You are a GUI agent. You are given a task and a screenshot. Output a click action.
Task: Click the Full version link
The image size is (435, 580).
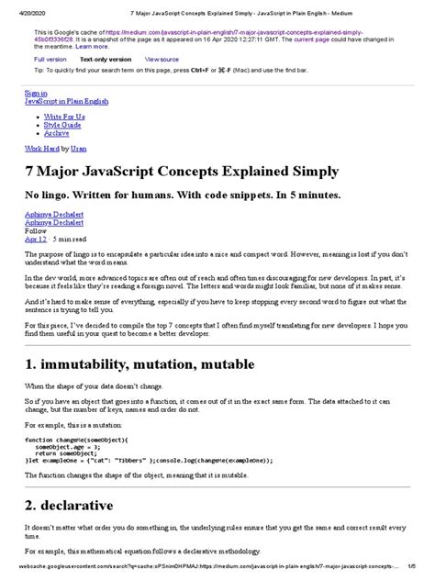50,58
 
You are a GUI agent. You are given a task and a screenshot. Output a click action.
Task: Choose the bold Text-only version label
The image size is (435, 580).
107,58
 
